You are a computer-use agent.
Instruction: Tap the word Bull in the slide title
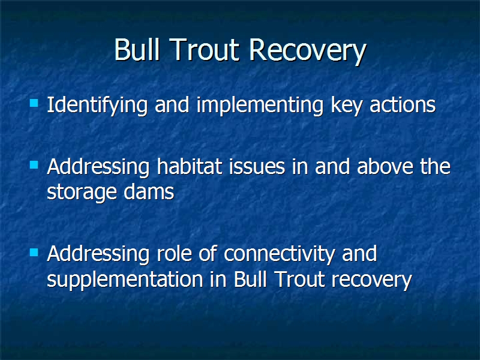(137, 49)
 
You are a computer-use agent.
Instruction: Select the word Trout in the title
(204, 50)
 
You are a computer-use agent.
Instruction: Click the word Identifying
(97, 106)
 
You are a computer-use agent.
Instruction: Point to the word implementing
(260, 106)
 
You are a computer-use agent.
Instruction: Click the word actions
(402, 105)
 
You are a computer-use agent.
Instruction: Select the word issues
(257, 167)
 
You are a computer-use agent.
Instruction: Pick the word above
(385, 167)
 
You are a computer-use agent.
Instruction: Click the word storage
(82, 193)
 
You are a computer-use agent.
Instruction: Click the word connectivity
(279, 254)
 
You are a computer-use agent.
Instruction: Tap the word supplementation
(125, 280)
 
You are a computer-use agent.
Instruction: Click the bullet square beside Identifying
(34, 103)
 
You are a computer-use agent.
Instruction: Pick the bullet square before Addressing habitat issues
(34, 165)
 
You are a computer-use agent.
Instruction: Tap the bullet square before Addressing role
(34, 252)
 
